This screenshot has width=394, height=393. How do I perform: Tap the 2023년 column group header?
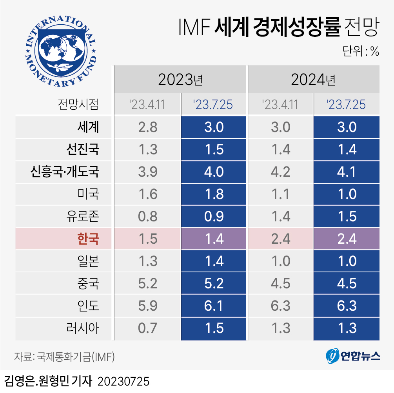point(180,80)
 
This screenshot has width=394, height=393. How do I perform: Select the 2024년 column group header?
point(313,80)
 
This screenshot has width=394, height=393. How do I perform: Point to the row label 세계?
point(88,127)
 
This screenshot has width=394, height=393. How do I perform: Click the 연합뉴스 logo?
point(353,356)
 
